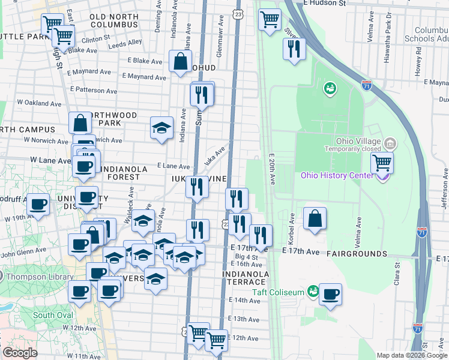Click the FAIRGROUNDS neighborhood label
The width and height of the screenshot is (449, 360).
pos(357,254)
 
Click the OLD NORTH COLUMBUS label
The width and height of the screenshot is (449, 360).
pos(114,20)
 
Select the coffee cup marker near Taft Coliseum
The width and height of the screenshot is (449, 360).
pos(330,295)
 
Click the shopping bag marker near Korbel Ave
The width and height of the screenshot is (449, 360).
pos(315,219)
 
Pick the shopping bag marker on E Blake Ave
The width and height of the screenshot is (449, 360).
pos(180,61)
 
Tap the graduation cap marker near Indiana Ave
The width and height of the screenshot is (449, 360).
pos(161,128)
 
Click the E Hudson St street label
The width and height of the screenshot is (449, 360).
pos(325,3)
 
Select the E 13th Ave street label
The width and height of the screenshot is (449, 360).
pos(243,319)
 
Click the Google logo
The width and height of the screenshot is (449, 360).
pos(20,353)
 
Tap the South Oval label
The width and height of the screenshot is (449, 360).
pos(53,315)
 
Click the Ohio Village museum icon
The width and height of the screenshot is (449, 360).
pos(391,143)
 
